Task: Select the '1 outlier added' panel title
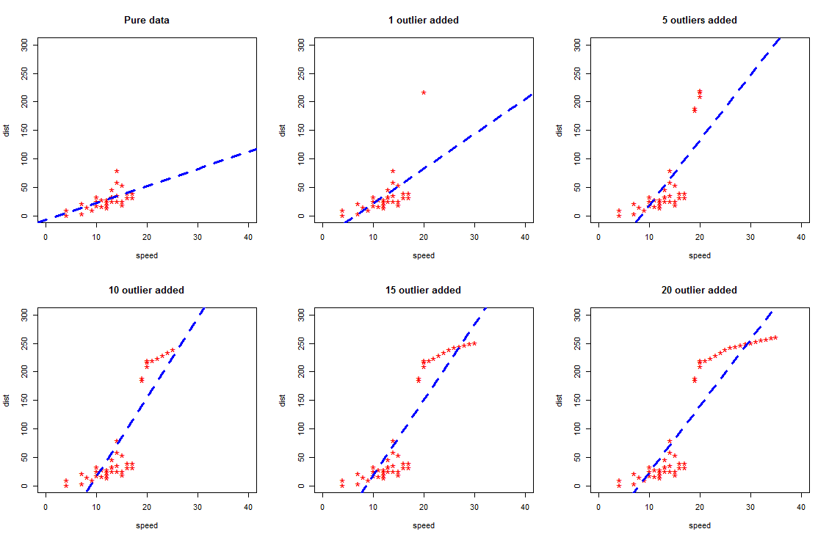click(x=423, y=21)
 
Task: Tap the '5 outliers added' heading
click(x=699, y=21)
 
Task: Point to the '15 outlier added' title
click(x=423, y=291)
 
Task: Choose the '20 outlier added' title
click(x=699, y=291)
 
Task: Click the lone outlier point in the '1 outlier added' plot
click(x=424, y=92)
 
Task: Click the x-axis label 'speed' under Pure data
click(x=147, y=256)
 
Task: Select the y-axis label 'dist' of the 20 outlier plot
click(x=560, y=400)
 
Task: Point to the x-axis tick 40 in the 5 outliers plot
click(x=801, y=237)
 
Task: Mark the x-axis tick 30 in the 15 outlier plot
click(x=474, y=507)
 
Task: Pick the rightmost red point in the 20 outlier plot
click(x=775, y=337)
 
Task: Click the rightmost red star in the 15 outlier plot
click(x=474, y=343)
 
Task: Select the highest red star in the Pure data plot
click(x=117, y=171)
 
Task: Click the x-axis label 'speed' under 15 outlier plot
click(x=423, y=525)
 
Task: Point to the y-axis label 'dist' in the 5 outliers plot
click(x=560, y=131)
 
